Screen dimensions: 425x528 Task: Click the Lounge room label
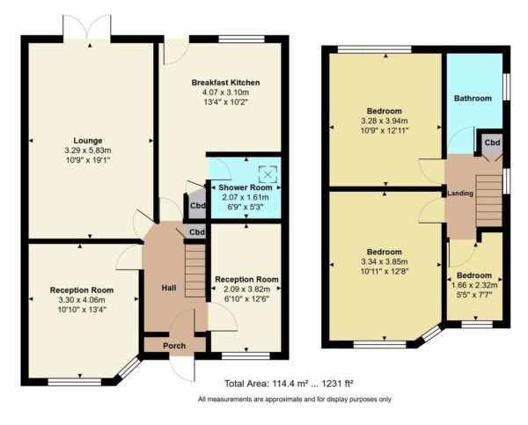(88, 140)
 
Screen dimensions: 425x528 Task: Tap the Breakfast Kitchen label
(226, 83)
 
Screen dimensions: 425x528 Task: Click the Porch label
(174, 346)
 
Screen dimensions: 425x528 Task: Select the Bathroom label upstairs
(473, 99)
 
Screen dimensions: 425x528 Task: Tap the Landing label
(460, 194)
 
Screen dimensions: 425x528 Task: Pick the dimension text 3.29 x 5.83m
(88, 150)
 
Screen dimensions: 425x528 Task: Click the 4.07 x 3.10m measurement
(226, 92)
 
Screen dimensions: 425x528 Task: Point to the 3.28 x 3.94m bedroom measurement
(383, 121)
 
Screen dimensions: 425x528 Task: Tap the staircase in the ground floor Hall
(194, 272)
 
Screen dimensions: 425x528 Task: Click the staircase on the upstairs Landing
(488, 199)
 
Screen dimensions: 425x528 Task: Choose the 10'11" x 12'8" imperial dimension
(385, 270)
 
